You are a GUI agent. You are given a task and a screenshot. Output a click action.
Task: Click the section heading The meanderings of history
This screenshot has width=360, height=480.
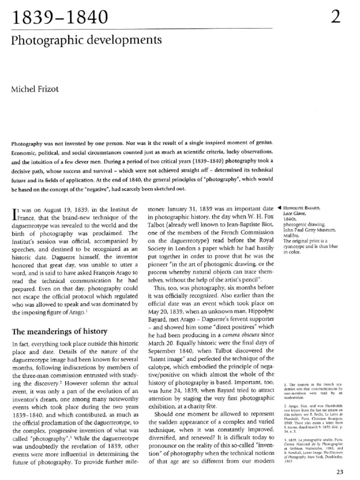click(59, 332)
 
